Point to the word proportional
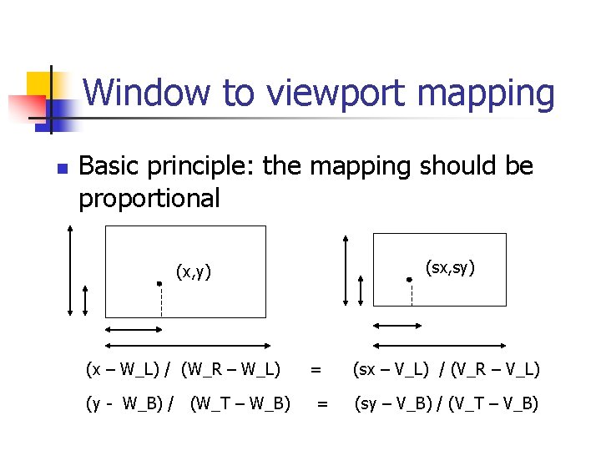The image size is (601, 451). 149,198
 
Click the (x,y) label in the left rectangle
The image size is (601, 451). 193,271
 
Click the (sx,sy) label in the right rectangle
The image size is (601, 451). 450,267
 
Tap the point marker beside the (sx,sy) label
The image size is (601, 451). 409,281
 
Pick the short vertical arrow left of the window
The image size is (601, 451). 86,296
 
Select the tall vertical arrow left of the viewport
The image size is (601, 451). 346,269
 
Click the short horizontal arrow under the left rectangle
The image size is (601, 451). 133,331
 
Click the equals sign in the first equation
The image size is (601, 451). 316,368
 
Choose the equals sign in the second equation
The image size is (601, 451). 321,404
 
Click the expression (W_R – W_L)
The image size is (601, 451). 230,368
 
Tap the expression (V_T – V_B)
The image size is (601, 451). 493,404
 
